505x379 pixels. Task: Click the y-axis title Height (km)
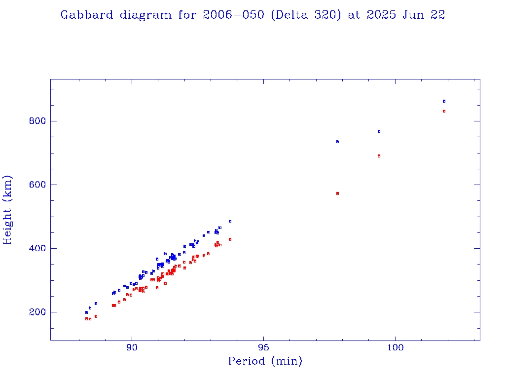tap(7, 210)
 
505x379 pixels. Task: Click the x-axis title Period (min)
tap(265, 361)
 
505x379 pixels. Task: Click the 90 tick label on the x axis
tap(132, 347)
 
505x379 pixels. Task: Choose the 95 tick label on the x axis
tap(263, 347)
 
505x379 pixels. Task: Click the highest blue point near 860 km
tap(444, 101)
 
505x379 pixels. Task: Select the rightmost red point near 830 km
tap(444, 111)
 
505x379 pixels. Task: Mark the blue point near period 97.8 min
tap(337, 142)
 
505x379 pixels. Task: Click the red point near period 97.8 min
tap(337, 193)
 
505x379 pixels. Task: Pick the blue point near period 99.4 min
tap(379, 131)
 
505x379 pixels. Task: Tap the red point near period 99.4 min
tap(379, 156)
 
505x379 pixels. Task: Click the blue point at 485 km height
tap(230, 222)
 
